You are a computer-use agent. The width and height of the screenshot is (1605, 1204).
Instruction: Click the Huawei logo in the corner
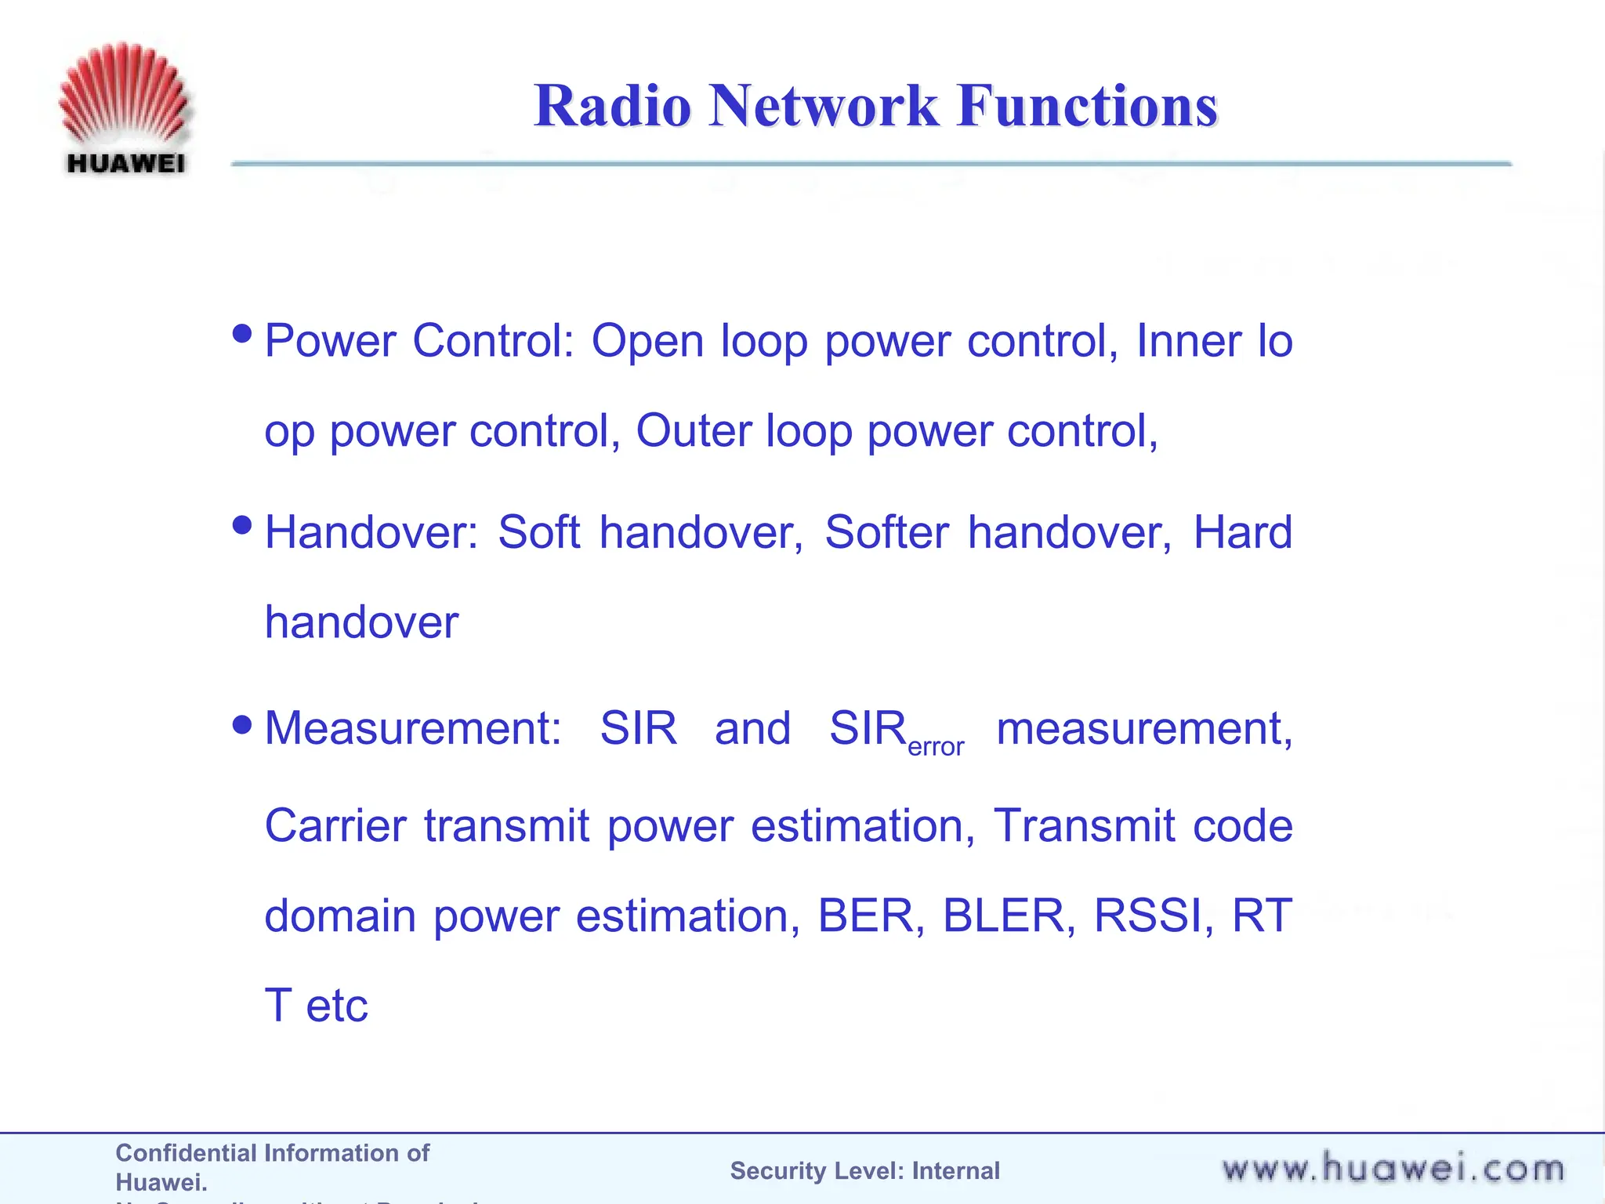pyautogui.click(x=124, y=108)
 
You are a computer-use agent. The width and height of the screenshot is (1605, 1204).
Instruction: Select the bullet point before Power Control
pyautogui.click(x=243, y=335)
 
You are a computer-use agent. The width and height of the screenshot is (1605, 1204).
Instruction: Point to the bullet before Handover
pyautogui.click(x=243, y=525)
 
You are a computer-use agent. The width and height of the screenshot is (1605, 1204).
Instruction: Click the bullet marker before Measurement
pyautogui.click(x=243, y=724)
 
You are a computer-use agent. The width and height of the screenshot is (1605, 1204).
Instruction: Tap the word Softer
pyautogui.click(x=886, y=533)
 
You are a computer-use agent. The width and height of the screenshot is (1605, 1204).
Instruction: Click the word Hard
pyautogui.click(x=1242, y=533)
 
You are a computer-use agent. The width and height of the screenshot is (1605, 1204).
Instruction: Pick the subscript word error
pyautogui.click(x=936, y=747)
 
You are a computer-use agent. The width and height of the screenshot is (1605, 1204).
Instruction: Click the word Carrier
pyautogui.click(x=335, y=826)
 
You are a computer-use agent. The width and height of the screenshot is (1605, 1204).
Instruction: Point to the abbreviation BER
pyautogui.click(x=865, y=916)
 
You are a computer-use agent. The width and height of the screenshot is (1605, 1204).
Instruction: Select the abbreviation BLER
pyautogui.click(x=1002, y=916)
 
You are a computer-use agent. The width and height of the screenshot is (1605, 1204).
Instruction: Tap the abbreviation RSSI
pyautogui.click(x=1147, y=916)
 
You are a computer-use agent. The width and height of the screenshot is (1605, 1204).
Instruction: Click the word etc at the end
pyautogui.click(x=337, y=1006)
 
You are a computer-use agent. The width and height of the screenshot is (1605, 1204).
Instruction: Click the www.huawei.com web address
pyautogui.click(x=1393, y=1169)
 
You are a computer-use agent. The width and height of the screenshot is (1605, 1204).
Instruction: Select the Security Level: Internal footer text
pyautogui.click(x=864, y=1170)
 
